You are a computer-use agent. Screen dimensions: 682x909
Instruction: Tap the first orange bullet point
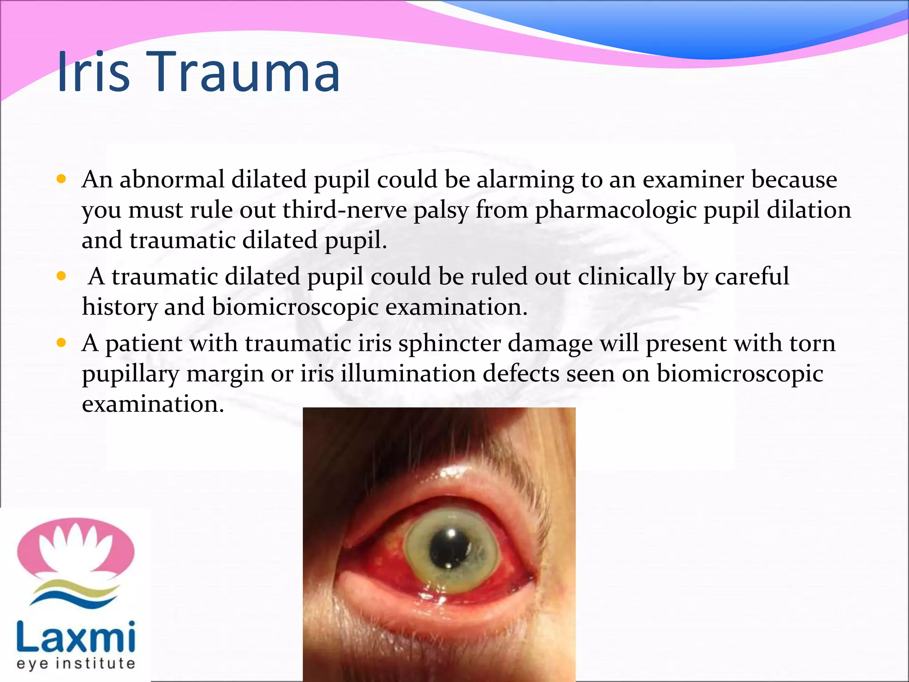61,179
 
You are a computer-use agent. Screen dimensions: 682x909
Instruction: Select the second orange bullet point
61,277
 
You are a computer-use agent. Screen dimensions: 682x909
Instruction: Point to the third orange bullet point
61,343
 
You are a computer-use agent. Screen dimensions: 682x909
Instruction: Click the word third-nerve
344,210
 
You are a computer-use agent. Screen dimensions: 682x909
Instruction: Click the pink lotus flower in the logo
75,548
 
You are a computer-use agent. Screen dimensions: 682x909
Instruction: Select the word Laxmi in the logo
75,637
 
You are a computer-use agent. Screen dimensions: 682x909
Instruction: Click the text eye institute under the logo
75,664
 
